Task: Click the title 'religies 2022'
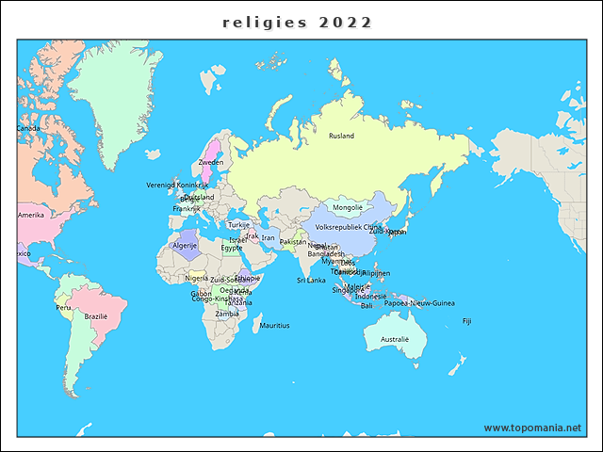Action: [297, 23]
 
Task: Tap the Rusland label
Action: [341, 136]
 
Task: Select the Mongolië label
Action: [348, 207]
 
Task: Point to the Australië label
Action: [395, 339]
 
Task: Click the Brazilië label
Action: [95, 316]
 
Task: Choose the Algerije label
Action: [184, 245]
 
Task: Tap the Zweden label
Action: [211, 162]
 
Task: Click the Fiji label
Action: [466, 321]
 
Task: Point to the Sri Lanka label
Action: [311, 280]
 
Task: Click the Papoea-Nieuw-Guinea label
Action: [419, 303]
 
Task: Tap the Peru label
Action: [63, 307]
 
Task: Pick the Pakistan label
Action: [294, 242]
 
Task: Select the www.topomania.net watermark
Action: [532, 428]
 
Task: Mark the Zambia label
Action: [227, 314]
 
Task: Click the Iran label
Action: [269, 238]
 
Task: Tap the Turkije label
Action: [239, 225]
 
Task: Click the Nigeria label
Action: [197, 278]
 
